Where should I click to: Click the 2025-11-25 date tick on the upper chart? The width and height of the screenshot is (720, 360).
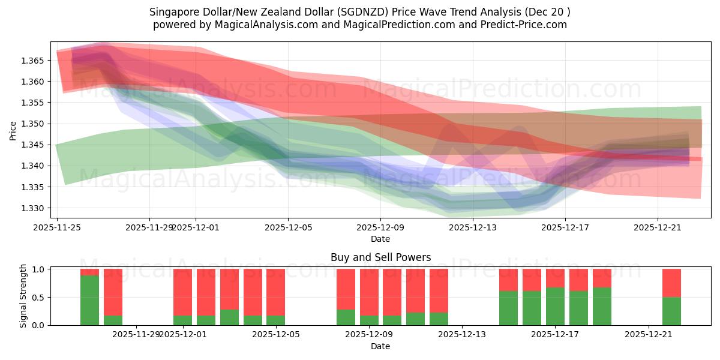(x=57, y=227)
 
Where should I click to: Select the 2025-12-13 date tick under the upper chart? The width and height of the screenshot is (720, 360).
(x=473, y=227)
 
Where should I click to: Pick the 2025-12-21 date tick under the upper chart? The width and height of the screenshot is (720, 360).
(x=658, y=227)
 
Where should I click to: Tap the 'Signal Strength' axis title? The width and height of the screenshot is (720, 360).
(x=23, y=296)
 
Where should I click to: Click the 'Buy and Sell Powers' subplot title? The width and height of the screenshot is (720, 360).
(x=380, y=257)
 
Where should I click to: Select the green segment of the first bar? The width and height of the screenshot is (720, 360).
(x=89, y=300)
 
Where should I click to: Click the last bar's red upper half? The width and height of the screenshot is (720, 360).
(x=671, y=283)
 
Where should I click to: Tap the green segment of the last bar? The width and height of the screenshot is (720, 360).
(x=671, y=311)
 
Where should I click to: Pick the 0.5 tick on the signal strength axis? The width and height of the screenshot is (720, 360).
(x=38, y=297)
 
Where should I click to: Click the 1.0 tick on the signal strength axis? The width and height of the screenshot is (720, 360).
(x=38, y=269)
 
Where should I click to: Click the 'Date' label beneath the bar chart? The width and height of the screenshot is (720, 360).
(x=380, y=346)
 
